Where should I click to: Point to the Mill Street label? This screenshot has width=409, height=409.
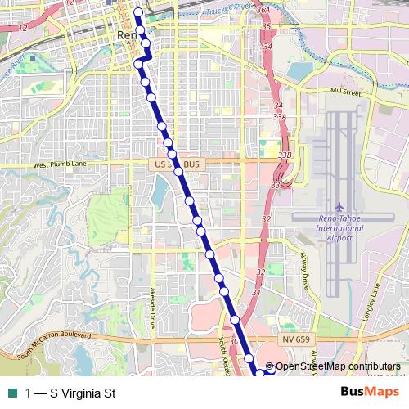(x=346, y=92)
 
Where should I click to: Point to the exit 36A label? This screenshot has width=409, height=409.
(x=263, y=10)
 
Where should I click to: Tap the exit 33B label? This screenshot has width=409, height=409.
(x=285, y=154)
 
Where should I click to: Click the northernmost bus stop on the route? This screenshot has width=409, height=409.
(x=137, y=12)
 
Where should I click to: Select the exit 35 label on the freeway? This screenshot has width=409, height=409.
(x=267, y=27)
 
